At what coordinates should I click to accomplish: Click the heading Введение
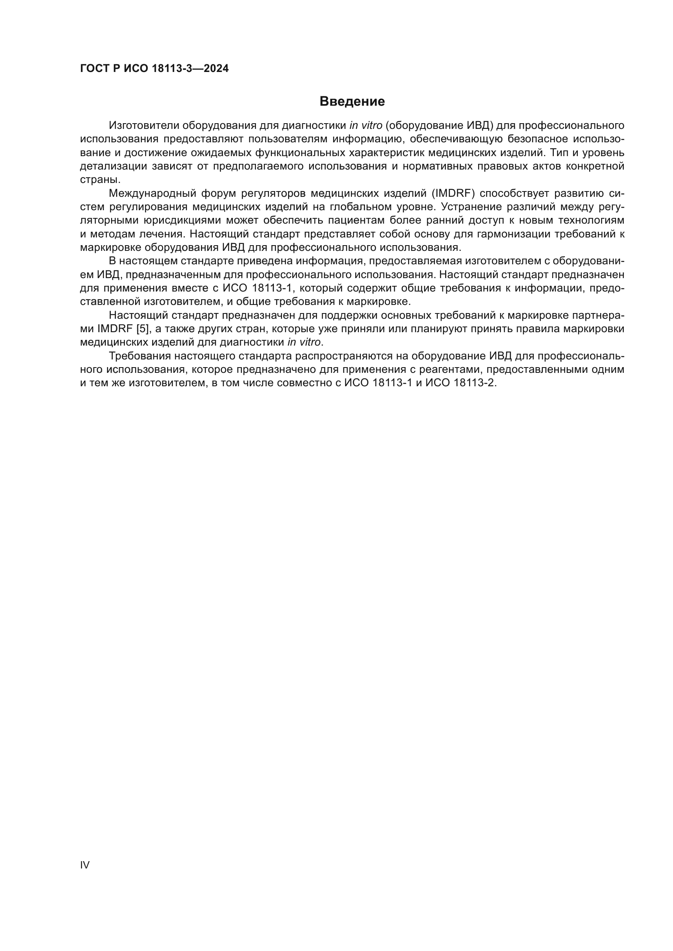tap(352, 102)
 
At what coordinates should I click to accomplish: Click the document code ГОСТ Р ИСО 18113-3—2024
tap(154, 69)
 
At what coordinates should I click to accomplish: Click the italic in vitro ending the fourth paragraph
tap(304, 342)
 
